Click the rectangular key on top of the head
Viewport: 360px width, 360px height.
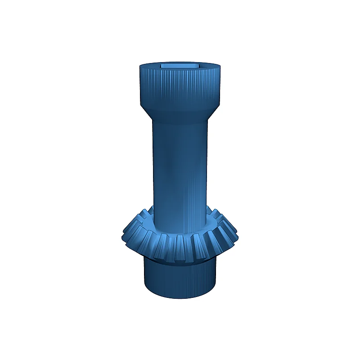180,65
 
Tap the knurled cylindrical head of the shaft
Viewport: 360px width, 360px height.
180,88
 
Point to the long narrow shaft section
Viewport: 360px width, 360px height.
180,166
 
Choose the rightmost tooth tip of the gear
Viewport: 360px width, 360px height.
237,234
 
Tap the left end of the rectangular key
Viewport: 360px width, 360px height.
162,65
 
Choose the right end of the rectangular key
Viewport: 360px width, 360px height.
198,65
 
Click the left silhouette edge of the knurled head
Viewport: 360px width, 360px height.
139,88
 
